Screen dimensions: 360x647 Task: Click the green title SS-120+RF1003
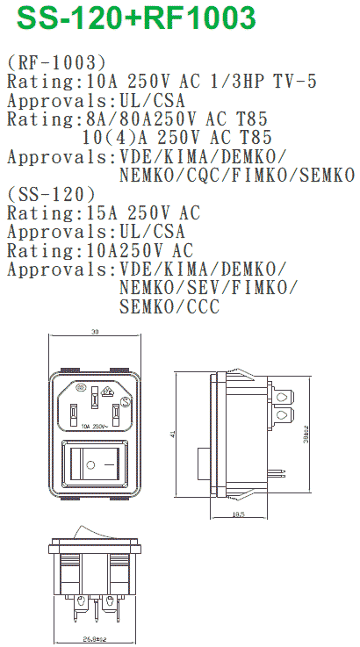tap(136, 18)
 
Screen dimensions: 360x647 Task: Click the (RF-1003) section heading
tap(56, 62)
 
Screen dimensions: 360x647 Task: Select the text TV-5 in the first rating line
tap(295, 82)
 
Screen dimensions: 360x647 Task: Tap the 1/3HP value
tap(236, 82)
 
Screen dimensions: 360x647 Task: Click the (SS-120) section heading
tap(51, 194)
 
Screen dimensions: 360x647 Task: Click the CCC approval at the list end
tap(203, 306)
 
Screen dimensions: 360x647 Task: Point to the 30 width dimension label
tap(95, 332)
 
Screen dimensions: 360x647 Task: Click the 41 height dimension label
tap(173, 434)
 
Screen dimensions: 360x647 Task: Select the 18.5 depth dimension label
tap(239, 514)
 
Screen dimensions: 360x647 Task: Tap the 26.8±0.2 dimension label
tap(95, 639)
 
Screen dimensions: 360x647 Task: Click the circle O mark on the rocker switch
tap(90, 465)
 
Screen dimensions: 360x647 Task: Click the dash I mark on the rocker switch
tap(109, 465)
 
